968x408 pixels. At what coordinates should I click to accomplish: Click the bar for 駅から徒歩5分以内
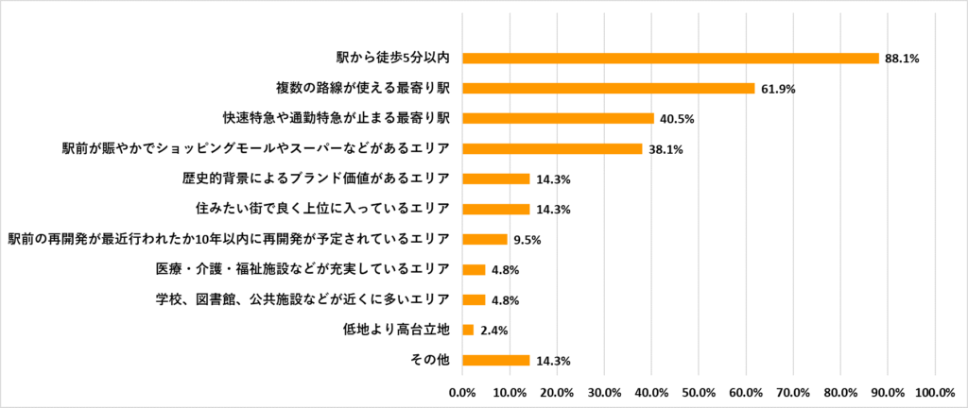click(x=670, y=58)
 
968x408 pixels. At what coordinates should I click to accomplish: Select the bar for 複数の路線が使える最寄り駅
click(x=608, y=88)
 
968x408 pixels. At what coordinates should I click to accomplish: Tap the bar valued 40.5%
click(x=558, y=118)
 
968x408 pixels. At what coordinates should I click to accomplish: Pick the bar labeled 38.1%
click(x=552, y=148)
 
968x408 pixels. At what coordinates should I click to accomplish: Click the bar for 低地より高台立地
click(x=468, y=330)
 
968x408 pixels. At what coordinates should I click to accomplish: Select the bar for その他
click(x=495, y=360)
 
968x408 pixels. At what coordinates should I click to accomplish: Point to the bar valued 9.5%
click(x=484, y=239)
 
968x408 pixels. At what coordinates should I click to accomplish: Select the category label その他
click(x=432, y=360)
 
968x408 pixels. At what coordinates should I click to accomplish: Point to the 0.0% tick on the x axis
click(x=462, y=391)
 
